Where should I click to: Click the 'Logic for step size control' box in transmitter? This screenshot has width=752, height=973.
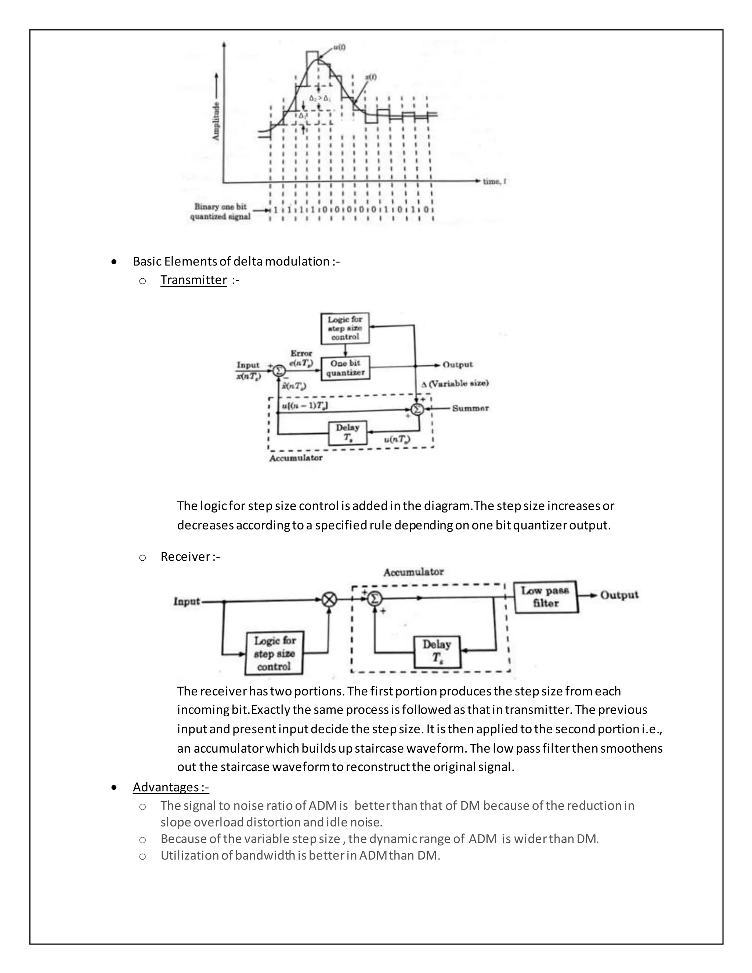coord(345,328)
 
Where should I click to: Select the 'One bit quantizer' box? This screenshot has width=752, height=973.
coord(345,368)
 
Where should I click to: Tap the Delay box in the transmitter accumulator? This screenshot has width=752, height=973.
coord(347,433)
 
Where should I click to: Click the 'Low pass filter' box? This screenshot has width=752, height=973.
coord(545,597)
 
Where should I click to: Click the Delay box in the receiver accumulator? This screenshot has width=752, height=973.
coord(437,652)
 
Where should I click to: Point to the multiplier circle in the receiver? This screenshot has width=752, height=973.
coord(329,600)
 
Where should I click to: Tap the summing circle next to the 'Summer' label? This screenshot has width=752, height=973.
coord(417,409)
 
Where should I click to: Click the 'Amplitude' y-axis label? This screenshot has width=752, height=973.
coord(216,121)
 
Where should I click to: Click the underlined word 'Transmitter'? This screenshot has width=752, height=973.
coord(194,280)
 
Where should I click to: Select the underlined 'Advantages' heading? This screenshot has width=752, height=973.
coord(171,787)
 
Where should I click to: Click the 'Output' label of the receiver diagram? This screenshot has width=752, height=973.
coord(619,595)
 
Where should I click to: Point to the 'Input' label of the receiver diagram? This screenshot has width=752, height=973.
coord(187,601)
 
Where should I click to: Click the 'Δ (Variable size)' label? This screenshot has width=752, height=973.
coord(455,383)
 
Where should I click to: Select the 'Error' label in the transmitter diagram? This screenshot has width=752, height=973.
coord(301,353)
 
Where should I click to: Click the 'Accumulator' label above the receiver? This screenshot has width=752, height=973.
coord(413,572)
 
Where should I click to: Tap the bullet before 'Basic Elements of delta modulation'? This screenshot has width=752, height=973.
coord(115,261)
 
